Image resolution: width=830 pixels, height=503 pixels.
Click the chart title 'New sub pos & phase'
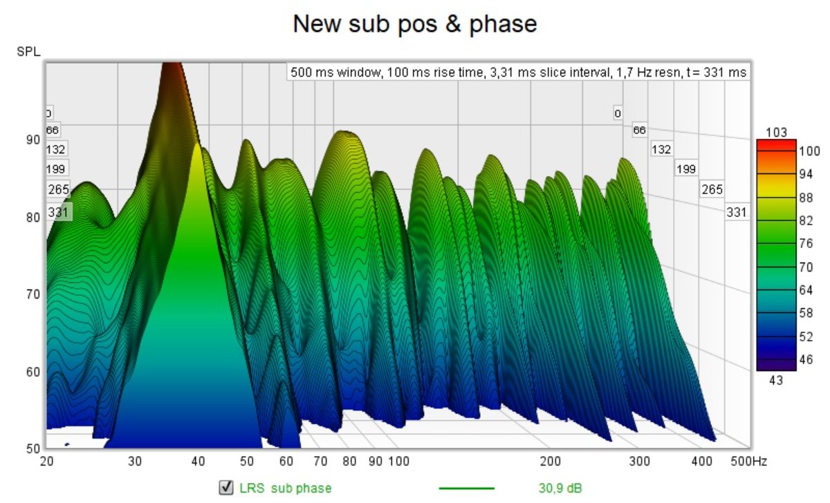415,24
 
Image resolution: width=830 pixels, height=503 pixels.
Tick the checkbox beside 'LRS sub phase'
225,488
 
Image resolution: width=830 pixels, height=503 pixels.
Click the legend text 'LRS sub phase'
286,488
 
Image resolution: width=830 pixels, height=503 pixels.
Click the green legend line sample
467,488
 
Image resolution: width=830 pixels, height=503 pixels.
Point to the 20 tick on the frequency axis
47,461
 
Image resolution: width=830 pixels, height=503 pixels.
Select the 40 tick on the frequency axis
199,461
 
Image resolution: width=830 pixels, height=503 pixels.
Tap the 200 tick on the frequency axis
550,461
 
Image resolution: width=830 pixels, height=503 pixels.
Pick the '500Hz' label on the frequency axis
748,461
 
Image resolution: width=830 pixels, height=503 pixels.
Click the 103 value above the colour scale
776,133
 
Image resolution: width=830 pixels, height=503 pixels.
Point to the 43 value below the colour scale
776,380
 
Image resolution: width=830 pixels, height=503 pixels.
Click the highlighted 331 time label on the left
58,213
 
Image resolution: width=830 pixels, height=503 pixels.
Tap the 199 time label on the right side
686,169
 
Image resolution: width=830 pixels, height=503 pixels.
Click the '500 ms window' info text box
518,72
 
